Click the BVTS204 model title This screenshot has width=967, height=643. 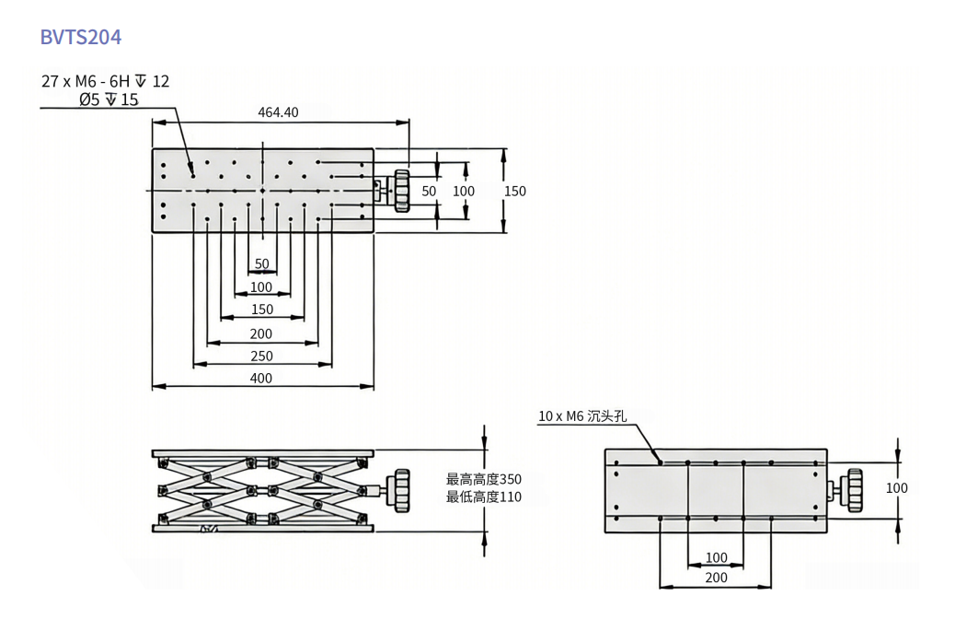[x=80, y=37]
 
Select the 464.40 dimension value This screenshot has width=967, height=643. [x=278, y=112]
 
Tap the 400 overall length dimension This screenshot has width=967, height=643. [x=261, y=378]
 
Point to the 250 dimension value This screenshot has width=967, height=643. [x=261, y=357]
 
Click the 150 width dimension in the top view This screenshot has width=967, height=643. [x=515, y=191]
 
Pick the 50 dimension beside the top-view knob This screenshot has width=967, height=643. [x=429, y=191]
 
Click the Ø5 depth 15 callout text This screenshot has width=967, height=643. [x=108, y=99]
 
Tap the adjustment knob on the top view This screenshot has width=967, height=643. [x=401, y=191]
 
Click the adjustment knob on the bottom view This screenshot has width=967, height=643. [x=854, y=490]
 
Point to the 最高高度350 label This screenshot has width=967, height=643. [x=483, y=479]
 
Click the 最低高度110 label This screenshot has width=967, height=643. [x=483, y=497]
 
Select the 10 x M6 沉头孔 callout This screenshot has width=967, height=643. [x=581, y=416]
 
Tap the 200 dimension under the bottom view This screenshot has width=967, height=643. [x=716, y=578]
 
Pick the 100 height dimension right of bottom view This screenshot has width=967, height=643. [x=896, y=488]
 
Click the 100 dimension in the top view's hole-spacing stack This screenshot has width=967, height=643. [x=261, y=286]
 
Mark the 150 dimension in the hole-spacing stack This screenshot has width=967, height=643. [x=262, y=310]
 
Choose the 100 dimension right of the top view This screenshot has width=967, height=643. [x=464, y=191]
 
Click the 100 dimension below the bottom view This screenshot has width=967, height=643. [x=716, y=557]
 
